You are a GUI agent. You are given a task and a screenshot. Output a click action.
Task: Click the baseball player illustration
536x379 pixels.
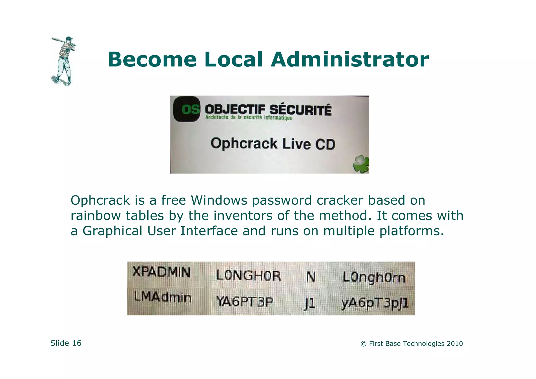[63, 61]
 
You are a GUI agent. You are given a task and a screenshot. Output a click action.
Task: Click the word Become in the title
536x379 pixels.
[152, 60]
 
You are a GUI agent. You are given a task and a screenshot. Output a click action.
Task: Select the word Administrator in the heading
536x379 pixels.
[350, 60]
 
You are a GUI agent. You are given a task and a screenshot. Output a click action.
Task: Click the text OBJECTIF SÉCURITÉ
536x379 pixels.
[268, 109]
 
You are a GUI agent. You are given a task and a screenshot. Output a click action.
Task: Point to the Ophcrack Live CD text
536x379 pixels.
[273, 144]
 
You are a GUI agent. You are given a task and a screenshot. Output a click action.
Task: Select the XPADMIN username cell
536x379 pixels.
[161, 272]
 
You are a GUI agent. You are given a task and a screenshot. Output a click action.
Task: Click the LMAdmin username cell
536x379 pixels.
[163, 297]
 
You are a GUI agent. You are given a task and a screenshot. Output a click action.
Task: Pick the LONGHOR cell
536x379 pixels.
[248, 276]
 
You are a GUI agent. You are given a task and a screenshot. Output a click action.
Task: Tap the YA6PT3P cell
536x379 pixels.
[244, 302]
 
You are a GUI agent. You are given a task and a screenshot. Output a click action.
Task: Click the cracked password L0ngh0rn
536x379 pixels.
[374, 277]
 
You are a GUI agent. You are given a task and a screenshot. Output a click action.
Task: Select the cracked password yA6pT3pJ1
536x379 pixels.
[375, 303]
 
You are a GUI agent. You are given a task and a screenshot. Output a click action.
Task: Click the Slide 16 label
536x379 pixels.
[66, 343]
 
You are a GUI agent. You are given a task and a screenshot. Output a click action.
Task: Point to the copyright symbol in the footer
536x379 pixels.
[363, 344]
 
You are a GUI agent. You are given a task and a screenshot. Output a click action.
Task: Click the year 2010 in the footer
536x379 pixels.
[455, 344]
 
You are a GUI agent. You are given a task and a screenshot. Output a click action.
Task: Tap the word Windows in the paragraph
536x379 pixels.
[219, 200]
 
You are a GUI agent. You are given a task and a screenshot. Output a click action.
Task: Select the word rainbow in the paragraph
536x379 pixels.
[96, 216]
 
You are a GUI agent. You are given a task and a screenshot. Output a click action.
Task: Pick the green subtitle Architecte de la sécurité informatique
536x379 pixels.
[249, 118]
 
